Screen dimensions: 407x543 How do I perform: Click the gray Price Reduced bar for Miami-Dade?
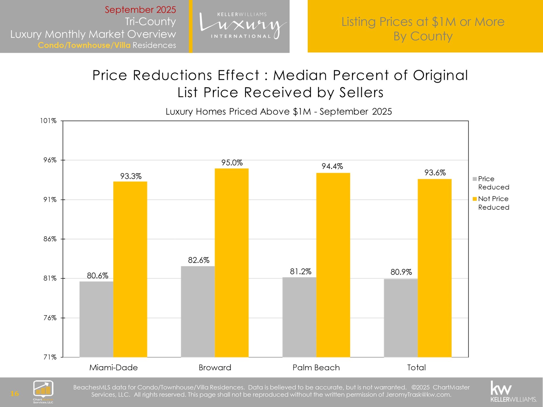96,319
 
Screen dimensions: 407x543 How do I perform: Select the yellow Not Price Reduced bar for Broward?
232,263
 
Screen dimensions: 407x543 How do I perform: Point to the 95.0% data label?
232,163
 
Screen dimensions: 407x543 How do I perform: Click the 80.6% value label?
98,276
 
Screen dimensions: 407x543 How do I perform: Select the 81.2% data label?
300,272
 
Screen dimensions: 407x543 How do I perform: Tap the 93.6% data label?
435,173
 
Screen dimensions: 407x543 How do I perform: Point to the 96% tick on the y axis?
50,160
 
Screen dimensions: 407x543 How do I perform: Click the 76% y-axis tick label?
50,318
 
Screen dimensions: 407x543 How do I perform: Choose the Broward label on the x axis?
215,367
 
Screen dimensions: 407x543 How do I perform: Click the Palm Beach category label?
316,367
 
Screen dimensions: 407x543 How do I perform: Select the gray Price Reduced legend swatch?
475,179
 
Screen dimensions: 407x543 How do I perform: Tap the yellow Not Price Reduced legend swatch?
475,199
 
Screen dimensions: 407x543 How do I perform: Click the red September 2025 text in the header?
140,10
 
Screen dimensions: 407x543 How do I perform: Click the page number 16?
14,393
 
